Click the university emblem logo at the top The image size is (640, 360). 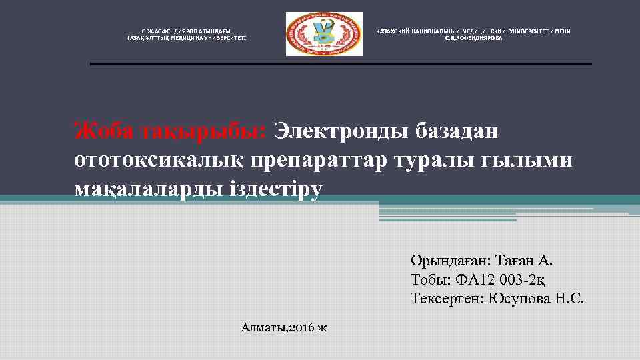pos(324,34)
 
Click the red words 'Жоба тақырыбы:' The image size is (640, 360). pos(170,131)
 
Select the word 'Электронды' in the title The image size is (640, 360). pos(337,131)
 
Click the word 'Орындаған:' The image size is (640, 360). pos(451,261)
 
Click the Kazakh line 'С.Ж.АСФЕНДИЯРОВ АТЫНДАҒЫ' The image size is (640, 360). pos(186,31)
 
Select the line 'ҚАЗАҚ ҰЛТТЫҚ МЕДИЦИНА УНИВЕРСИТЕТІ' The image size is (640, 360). pos(186,38)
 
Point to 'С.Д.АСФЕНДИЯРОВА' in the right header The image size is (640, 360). pos(474,38)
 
